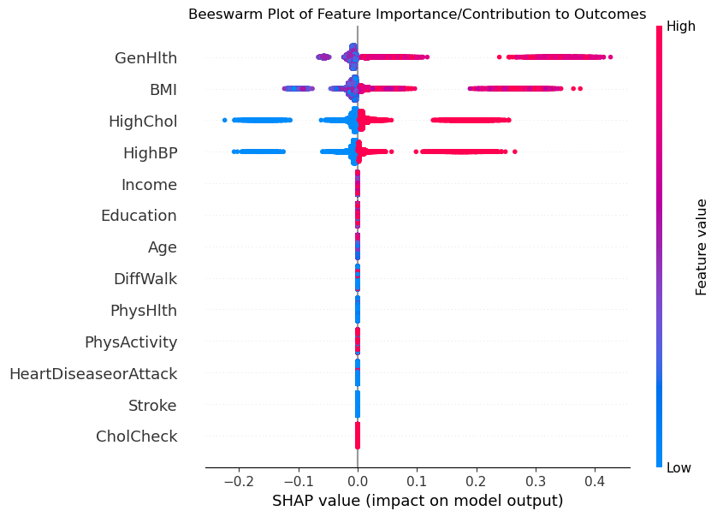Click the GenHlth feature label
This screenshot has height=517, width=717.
coord(145,58)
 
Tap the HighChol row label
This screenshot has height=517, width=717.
coord(142,122)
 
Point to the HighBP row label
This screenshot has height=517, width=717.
coord(150,153)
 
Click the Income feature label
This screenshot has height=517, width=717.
coord(149,185)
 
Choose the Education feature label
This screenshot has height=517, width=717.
coord(139,216)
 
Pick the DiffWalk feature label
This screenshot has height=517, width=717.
coord(145,279)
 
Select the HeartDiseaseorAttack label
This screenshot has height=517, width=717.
coord(93,374)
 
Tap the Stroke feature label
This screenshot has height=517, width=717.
coord(152,405)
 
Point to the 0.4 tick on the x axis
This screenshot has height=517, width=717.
coord(595,481)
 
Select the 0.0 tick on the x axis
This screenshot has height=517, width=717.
coord(358,481)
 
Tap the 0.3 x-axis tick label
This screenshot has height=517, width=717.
coord(536,481)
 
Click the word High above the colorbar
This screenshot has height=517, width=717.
coord(681,27)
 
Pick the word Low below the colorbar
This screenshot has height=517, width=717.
coord(680,467)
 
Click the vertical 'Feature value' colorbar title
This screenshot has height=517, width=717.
coord(702,247)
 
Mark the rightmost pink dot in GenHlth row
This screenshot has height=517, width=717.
coord(610,57)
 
